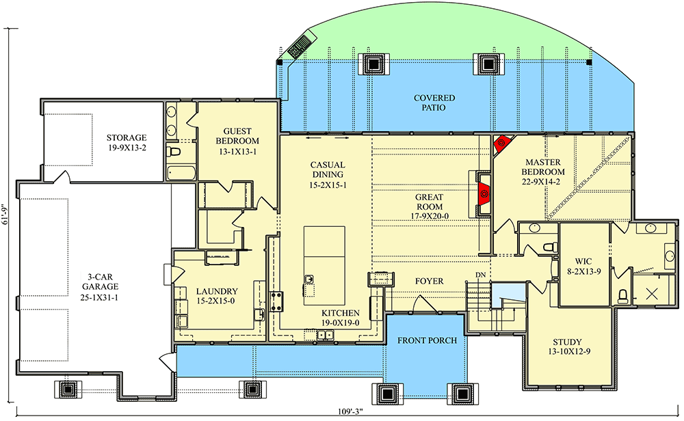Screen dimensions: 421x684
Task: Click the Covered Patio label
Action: coord(434,103)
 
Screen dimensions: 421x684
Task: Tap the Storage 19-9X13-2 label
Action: coord(126,142)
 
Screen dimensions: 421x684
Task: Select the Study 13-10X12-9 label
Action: coord(567,347)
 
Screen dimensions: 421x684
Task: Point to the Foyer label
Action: coord(429,281)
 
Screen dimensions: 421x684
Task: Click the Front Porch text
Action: coord(427,340)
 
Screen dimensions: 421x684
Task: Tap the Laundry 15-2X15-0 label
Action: coord(217,295)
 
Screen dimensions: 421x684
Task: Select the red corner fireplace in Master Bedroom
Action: coord(501,144)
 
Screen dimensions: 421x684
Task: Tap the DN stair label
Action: coord(480,275)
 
